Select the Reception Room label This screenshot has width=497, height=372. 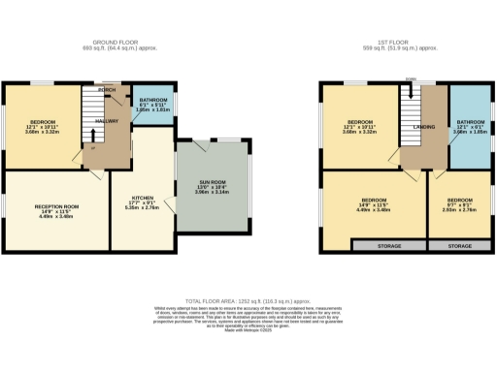coord(56,206)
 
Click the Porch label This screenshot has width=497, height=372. coord(108,90)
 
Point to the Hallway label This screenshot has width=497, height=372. coord(107,121)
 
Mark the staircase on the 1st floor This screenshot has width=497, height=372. coord(411,102)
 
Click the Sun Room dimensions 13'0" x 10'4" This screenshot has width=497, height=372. coord(206,191)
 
